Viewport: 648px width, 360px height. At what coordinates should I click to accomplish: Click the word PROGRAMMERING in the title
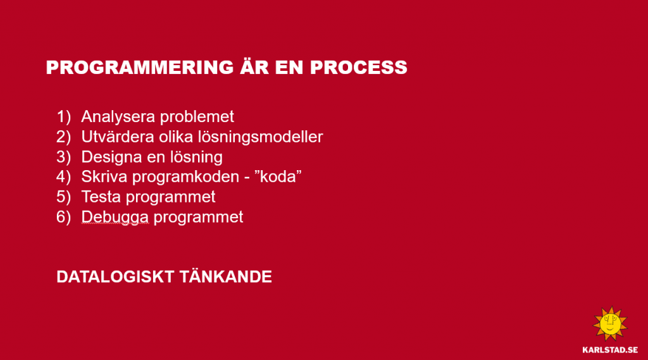coord(140,67)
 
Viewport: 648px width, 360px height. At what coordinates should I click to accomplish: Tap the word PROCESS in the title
coord(359,67)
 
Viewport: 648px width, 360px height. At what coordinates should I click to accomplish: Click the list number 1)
coord(64,117)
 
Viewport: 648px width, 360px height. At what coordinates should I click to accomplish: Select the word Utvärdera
coord(118,137)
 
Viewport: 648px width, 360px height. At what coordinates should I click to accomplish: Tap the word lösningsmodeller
coord(260,137)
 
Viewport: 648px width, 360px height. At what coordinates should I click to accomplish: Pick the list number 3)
coord(64,157)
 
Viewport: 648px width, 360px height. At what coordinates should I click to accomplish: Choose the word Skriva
coord(104,177)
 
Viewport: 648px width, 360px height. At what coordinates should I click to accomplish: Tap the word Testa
coord(101,197)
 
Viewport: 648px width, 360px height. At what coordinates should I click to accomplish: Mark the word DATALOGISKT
coord(115,277)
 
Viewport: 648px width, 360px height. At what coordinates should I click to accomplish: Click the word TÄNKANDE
coord(226,276)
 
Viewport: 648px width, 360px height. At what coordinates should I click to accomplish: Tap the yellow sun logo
coord(610,324)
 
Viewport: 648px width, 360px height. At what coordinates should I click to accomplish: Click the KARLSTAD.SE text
coord(610,350)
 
